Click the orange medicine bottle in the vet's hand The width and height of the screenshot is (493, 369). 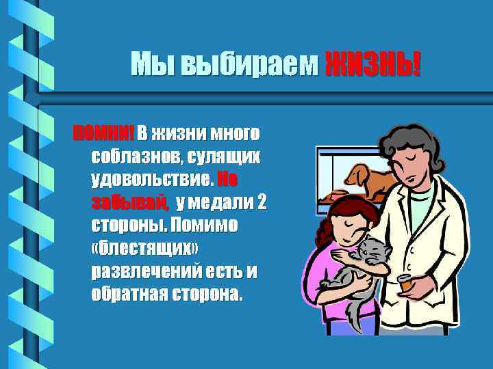click(406, 282)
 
